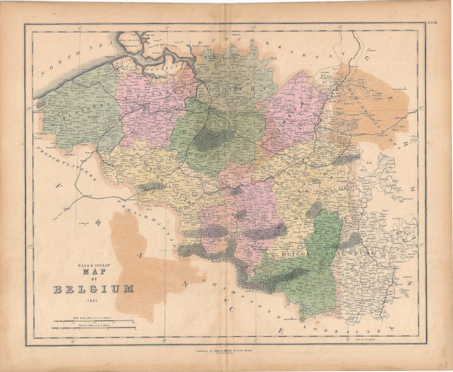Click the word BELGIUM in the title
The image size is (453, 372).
tap(95, 290)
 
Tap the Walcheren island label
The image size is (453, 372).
tap(128, 41)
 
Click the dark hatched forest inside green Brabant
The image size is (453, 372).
tap(211, 139)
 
